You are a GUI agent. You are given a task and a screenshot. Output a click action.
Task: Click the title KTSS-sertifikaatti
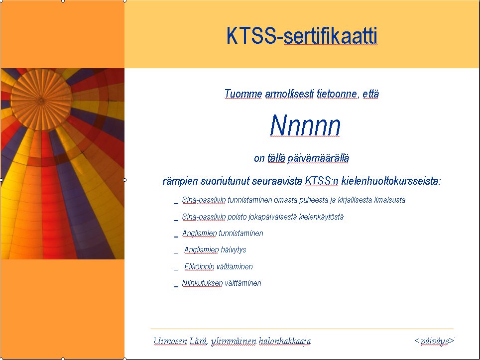click(x=302, y=36)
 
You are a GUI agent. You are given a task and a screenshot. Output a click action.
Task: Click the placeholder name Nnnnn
click(x=305, y=125)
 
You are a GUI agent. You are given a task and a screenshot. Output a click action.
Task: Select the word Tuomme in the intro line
click(x=243, y=94)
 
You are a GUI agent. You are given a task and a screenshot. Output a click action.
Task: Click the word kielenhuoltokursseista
click(x=391, y=181)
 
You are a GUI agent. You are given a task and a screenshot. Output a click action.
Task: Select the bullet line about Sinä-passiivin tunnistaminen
click(x=294, y=200)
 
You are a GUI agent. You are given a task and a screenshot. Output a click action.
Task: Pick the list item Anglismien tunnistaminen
click(x=223, y=233)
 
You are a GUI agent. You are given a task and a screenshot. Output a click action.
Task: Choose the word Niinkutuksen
click(x=202, y=283)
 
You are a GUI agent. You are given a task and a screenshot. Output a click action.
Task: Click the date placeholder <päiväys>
click(x=434, y=341)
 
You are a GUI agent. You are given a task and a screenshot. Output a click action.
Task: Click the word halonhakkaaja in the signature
click(x=285, y=341)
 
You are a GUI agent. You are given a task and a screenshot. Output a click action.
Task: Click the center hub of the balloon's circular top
click(x=41, y=100)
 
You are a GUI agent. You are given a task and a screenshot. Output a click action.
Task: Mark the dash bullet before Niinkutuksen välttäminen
click(x=176, y=286)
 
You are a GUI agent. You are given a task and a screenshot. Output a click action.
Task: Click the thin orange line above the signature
click(x=302, y=329)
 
